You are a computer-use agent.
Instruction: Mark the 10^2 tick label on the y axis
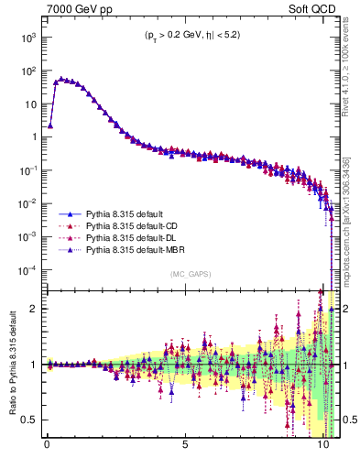28,71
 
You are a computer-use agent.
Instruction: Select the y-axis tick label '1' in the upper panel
35,137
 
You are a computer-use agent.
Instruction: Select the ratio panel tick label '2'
35,309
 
